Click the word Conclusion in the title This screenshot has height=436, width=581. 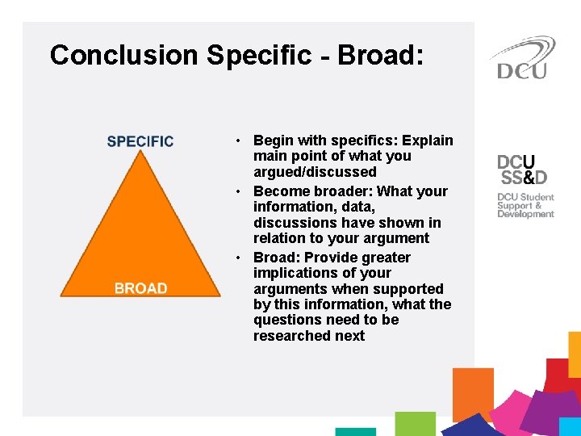click(x=123, y=55)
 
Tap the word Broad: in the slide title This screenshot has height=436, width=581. click(x=380, y=55)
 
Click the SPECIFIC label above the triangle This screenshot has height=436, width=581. click(x=140, y=141)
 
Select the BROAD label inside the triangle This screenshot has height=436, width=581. click(x=141, y=288)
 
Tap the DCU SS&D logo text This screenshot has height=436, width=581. click(x=522, y=170)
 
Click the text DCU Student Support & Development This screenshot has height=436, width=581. click(x=525, y=205)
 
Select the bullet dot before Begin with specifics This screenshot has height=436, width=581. click(x=240, y=141)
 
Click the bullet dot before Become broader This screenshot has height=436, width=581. click(x=240, y=191)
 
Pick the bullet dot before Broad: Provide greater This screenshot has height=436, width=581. click(x=240, y=258)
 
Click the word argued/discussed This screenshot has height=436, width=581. click(x=315, y=172)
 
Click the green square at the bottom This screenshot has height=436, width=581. click(x=415, y=423)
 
